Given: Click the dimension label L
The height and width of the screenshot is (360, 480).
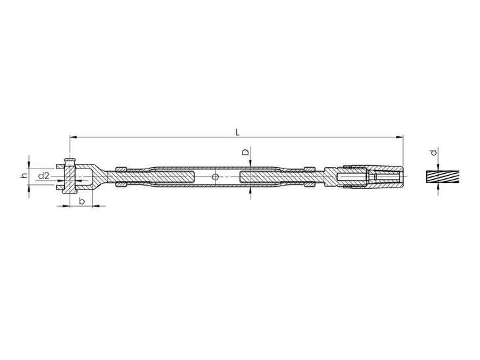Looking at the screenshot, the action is coord(237,132).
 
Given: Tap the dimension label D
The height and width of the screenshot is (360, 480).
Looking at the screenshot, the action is coord(246,152).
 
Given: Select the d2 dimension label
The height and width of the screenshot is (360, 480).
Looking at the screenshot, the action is coord(43,176).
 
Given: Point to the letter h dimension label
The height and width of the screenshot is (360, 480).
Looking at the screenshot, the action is coord(24,176).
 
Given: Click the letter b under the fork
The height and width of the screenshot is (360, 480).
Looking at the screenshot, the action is coord(82,201).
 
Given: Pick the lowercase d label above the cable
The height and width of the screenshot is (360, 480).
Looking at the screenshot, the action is coord(433,152).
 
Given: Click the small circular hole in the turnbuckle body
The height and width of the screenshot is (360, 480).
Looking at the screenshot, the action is coord(216,177).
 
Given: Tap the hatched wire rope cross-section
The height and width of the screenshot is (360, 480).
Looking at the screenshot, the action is coord(443,177).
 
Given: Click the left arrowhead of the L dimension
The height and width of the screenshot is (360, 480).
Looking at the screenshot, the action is coord(74,138).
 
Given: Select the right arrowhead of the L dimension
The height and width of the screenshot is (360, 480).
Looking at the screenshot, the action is coord(400,138).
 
